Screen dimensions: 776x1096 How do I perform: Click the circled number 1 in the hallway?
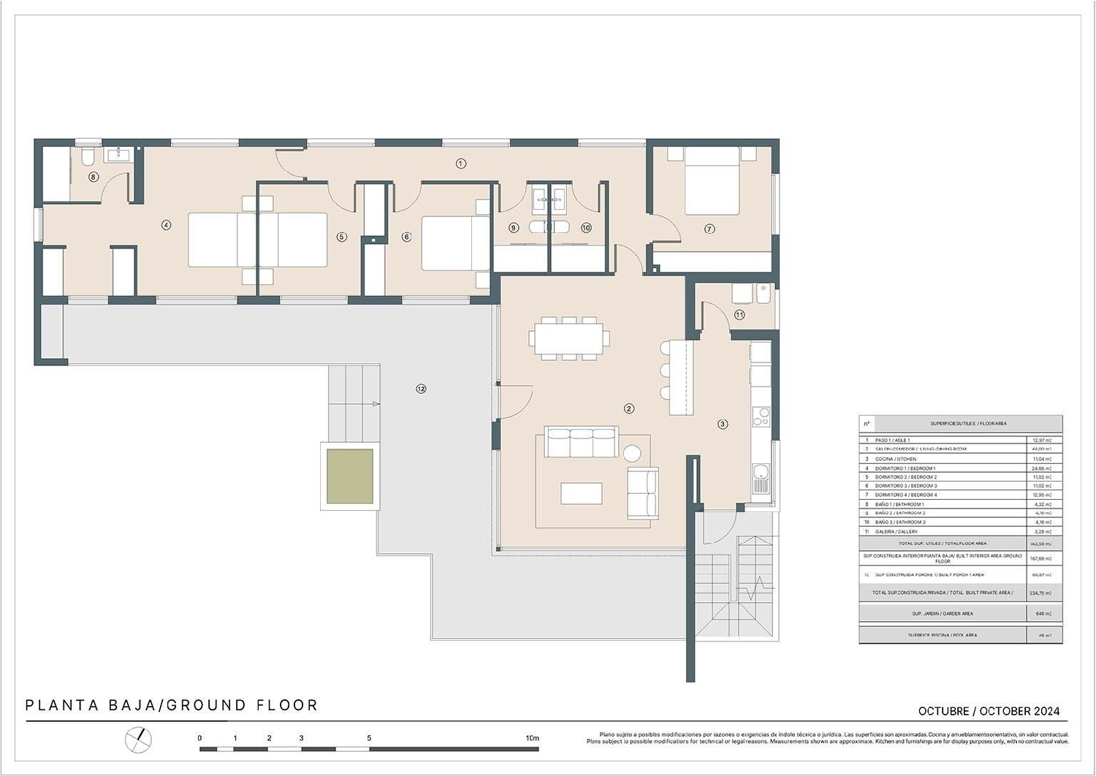[x=461, y=164]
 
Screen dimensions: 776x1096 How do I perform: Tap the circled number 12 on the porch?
[x=421, y=389]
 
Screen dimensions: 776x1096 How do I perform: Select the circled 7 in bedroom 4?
[x=709, y=229]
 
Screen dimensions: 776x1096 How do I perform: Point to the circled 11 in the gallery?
[x=739, y=315]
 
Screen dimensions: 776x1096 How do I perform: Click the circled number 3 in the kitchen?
[x=723, y=424]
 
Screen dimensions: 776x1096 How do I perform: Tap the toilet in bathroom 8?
[x=87, y=156]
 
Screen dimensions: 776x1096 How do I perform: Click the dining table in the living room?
[x=569, y=338]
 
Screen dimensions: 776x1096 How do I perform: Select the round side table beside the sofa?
[x=633, y=453]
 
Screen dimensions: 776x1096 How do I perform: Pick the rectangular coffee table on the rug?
[x=582, y=493]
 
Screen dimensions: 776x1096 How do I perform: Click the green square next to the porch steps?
[x=350, y=476]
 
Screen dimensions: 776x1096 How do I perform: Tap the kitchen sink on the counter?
[x=761, y=478]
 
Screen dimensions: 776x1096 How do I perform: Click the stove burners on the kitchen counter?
[x=761, y=416]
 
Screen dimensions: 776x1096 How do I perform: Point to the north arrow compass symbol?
[x=138, y=740]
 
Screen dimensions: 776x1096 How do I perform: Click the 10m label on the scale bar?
[x=532, y=738]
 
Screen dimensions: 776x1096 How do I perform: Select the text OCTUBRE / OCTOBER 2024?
[x=989, y=711]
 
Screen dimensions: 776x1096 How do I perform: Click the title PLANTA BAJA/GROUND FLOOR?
[x=172, y=706]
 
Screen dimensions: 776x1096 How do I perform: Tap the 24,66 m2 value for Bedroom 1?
[x=1041, y=468]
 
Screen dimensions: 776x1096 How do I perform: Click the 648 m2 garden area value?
[x=1041, y=614]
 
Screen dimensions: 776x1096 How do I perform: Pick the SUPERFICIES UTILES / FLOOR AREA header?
[x=968, y=424]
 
